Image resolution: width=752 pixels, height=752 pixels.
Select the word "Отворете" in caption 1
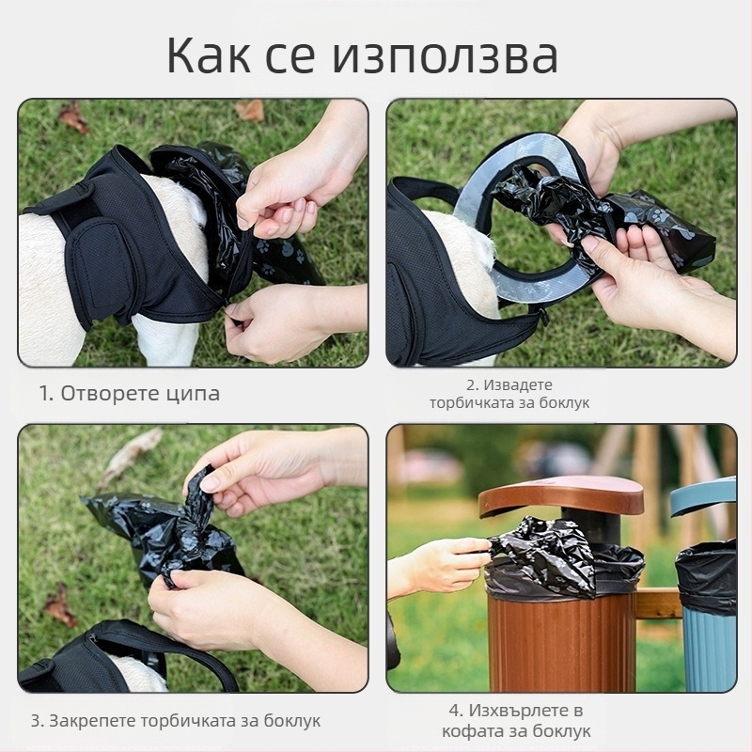click(x=112, y=393)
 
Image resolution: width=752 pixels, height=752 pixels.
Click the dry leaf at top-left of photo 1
click(x=72, y=117)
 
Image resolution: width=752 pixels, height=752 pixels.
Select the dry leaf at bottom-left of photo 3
click(x=60, y=605)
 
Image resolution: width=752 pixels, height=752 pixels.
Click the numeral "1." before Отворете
click(x=46, y=393)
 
